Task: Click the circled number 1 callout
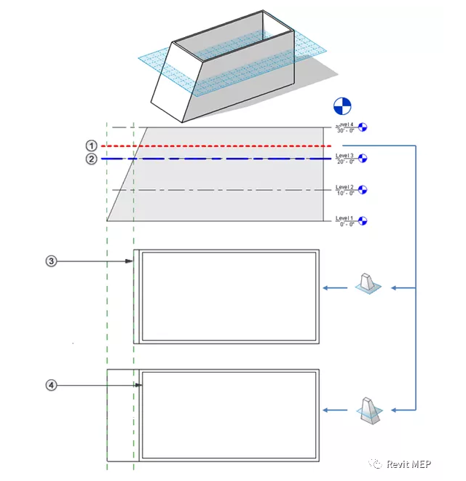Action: point(91,146)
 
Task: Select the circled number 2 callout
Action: point(91,159)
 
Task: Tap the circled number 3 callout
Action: point(51,261)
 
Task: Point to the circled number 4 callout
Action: point(51,385)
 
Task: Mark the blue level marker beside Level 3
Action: point(363,158)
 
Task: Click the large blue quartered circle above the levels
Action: point(341,106)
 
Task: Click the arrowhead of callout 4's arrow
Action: point(139,385)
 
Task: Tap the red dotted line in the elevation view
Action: point(218,146)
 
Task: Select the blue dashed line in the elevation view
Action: point(218,159)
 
